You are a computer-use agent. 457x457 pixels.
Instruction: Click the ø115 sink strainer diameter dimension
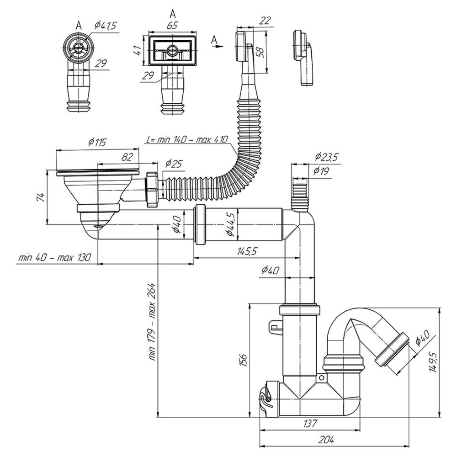pyautogui.click(x=97, y=142)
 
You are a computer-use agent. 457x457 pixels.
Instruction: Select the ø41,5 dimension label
pyautogui.click(x=105, y=26)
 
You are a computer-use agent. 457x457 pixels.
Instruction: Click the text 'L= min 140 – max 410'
pyautogui.click(x=187, y=139)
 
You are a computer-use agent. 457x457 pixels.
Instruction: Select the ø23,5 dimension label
pyautogui.click(x=326, y=157)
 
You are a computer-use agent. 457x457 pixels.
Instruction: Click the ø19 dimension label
pyautogui.click(x=321, y=170)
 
